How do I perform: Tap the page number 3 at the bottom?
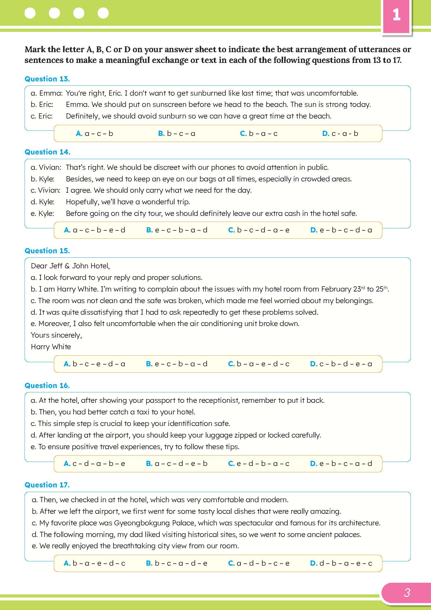[x=407, y=593]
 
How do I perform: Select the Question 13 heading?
[x=47, y=79]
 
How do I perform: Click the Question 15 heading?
[x=47, y=251]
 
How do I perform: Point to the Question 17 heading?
[x=47, y=485]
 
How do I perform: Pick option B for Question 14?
[x=177, y=230]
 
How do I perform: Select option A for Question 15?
[x=94, y=364]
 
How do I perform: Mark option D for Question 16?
[x=341, y=463]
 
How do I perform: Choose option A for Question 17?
[x=94, y=563]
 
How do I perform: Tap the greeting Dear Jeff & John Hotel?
[x=70, y=266]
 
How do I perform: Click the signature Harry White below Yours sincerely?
[x=51, y=347]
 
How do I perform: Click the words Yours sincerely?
[x=56, y=335]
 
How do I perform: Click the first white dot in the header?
[x=30, y=13]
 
